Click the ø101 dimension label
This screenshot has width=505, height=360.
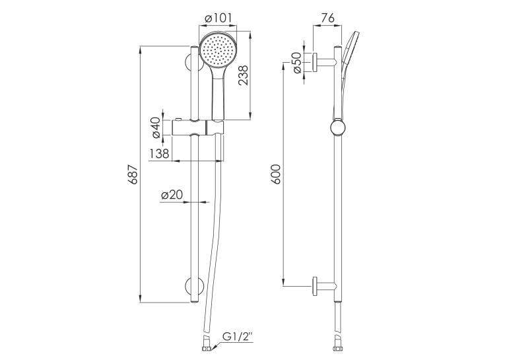(x=218, y=18)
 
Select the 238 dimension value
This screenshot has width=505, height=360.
(x=243, y=75)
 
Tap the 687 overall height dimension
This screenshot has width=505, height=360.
(x=133, y=174)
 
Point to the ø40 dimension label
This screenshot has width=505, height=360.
(x=156, y=128)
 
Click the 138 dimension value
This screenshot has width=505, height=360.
(x=159, y=153)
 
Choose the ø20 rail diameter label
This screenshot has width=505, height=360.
(x=172, y=195)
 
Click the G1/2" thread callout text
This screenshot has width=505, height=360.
(x=238, y=338)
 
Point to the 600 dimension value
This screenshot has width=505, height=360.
(x=276, y=174)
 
